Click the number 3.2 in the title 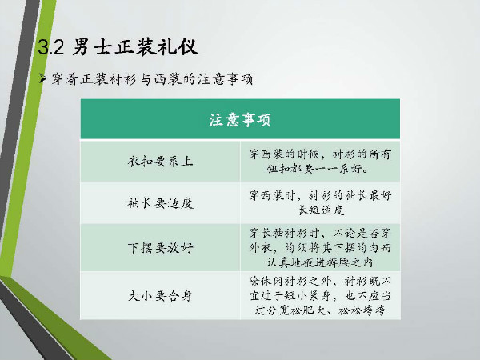point(51,47)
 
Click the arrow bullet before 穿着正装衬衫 point(43,79)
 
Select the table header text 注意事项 point(240,120)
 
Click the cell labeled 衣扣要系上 point(161,162)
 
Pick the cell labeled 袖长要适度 point(161,203)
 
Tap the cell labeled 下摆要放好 point(161,248)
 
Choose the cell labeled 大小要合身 point(161,296)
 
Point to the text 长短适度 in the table point(321,210)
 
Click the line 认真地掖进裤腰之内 point(319,262)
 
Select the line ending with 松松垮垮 point(320,310)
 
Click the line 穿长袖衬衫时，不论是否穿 point(320,234)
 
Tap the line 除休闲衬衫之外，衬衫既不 point(320,281)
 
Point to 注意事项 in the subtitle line point(226,79)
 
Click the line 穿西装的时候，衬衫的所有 point(320,154)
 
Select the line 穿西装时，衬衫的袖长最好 point(320,195)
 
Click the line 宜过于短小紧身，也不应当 point(320,296)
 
